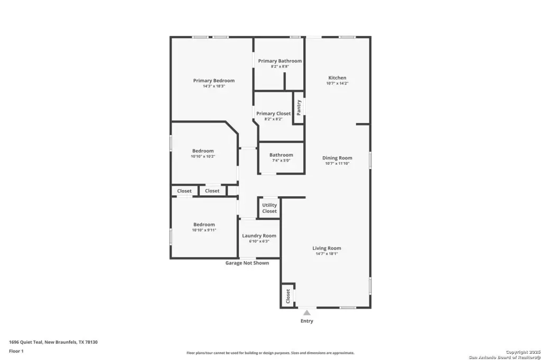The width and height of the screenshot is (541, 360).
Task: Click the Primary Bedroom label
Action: (x=214, y=80)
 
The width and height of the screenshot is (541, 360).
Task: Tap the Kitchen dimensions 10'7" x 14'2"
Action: (x=338, y=83)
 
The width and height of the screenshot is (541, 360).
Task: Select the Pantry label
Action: (x=299, y=108)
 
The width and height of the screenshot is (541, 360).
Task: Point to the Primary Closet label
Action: (x=274, y=113)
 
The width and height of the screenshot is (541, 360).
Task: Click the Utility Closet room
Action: (x=269, y=208)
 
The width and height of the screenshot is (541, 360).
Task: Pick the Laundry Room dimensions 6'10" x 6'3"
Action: (x=259, y=241)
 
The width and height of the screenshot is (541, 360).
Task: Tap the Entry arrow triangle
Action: (x=307, y=312)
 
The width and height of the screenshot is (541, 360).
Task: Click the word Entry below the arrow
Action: (x=307, y=321)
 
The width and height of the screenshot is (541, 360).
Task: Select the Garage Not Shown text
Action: (x=247, y=263)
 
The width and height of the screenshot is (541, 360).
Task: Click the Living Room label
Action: (x=327, y=248)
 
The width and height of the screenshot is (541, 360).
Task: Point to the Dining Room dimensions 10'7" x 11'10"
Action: (x=338, y=164)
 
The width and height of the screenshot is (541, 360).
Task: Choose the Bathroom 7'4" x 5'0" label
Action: (x=281, y=157)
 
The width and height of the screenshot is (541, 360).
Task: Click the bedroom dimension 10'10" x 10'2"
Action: (x=203, y=156)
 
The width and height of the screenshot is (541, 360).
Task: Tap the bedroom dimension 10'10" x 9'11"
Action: (x=204, y=230)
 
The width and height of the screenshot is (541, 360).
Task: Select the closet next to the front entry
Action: (x=288, y=296)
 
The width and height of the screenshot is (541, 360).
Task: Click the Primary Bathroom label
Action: (x=280, y=61)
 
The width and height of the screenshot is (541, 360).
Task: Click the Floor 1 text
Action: (x=16, y=351)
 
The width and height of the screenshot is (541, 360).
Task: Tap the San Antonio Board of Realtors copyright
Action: (x=505, y=355)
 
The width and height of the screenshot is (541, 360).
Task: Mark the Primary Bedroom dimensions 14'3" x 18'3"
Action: (x=214, y=86)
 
